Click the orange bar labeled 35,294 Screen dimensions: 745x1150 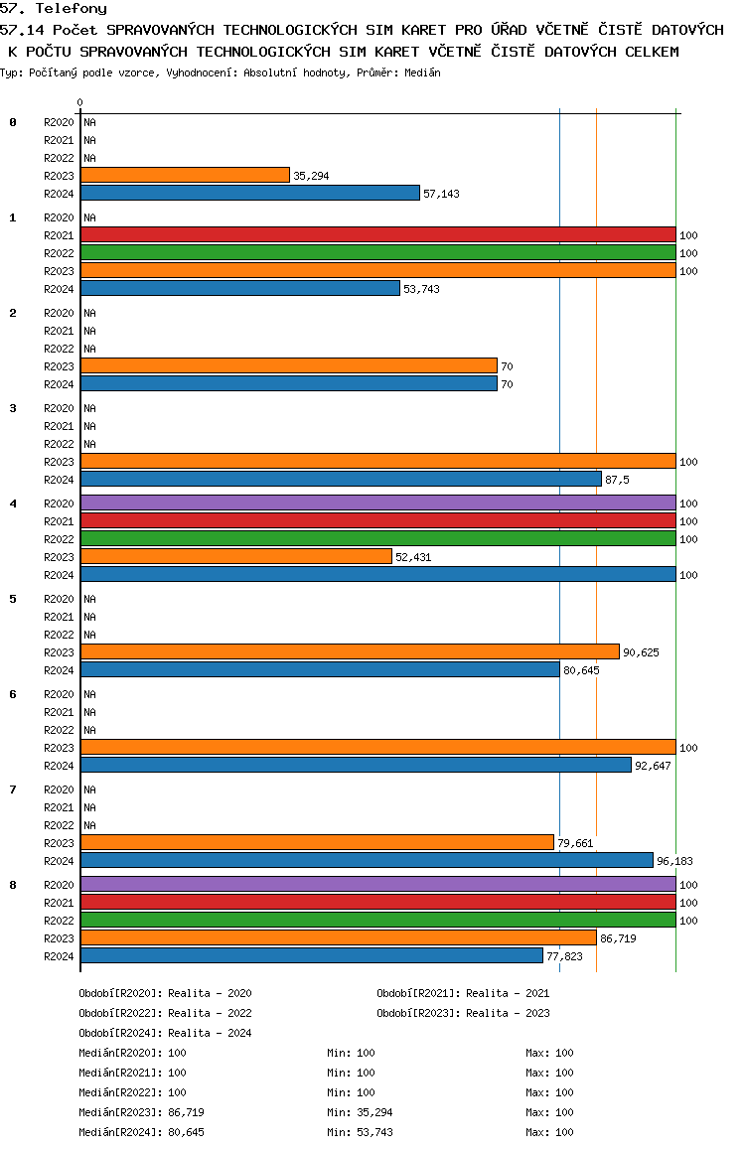click(x=186, y=176)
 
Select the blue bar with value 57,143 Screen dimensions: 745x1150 click(x=250, y=193)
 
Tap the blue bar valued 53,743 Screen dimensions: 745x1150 click(x=240, y=288)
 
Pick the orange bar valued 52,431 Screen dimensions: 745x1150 click(x=236, y=557)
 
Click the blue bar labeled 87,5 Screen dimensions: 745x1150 click(x=341, y=479)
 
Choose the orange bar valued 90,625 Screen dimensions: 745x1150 click(x=351, y=652)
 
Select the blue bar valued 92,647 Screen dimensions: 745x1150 click(x=357, y=765)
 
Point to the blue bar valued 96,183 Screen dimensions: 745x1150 click(x=367, y=860)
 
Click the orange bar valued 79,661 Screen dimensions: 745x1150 click(x=318, y=843)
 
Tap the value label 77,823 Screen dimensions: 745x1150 click(x=564, y=956)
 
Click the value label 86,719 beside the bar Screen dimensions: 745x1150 click(x=618, y=938)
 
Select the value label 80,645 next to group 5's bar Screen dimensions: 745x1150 click(x=581, y=670)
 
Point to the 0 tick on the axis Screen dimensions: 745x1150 click(x=79, y=102)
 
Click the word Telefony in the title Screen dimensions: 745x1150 click(x=72, y=9)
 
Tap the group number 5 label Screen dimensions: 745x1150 click(x=13, y=599)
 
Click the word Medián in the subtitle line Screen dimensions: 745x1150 click(x=422, y=72)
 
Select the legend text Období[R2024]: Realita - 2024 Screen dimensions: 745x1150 click(x=165, y=1033)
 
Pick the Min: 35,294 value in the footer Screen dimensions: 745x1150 click(x=360, y=1112)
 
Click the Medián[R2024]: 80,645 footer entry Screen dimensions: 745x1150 click(x=141, y=1132)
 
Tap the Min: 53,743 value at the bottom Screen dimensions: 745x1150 click(x=360, y=1132)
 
